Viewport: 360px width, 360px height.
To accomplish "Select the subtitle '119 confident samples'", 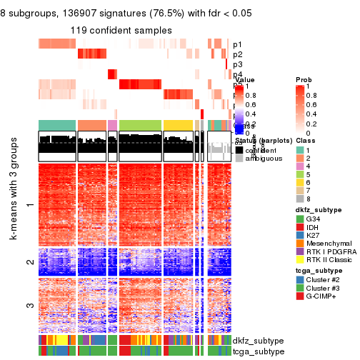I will coord(121,30).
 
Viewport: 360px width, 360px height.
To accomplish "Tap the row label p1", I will coord(237,44).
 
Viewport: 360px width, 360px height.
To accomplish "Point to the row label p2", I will coord(237,54).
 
